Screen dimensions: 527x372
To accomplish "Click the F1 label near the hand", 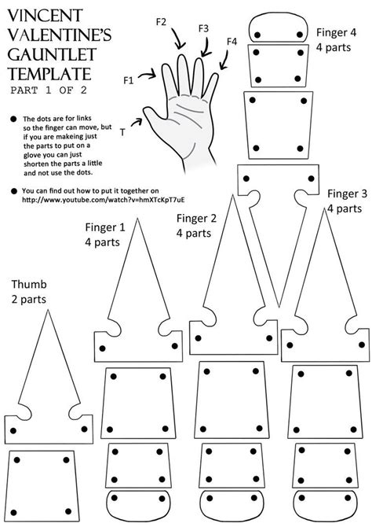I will (129, 80).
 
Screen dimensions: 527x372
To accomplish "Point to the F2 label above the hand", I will (161, 23).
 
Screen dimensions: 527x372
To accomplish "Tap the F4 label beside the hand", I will (232, 41).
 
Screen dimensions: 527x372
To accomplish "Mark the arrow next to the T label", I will (139, 121).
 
